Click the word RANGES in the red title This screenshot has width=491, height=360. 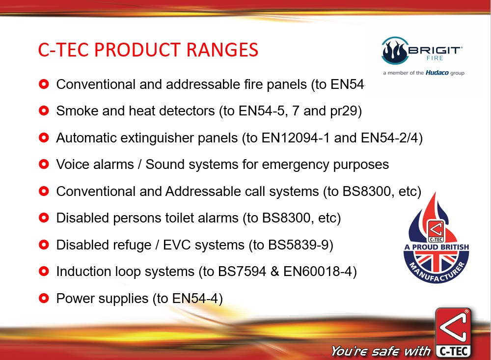click(222, 50)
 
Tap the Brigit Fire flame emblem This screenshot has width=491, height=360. click(395, 51)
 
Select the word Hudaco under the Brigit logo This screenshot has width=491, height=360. click(437, 73)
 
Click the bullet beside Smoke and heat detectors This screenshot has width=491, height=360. click(44, 111)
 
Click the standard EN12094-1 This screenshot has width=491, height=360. click(296, 138)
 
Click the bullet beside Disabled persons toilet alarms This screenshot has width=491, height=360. click(44, 218)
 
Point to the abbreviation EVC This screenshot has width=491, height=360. click(177, 245)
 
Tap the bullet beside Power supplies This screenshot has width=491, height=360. click(44, 298)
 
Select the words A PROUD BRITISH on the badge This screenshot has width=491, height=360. click(436, 247)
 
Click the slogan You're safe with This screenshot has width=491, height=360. click(381, 351)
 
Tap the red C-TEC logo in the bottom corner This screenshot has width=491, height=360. click(453, 332)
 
